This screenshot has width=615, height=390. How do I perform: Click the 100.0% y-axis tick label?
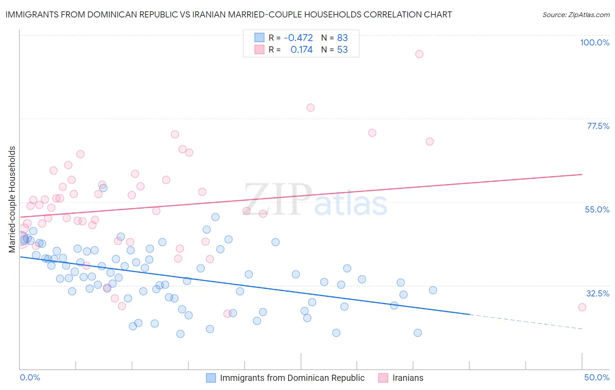click(594, 42)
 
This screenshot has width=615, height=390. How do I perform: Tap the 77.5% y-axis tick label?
click(598, 126)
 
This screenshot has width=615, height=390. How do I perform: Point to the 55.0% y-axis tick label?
click(597, 209)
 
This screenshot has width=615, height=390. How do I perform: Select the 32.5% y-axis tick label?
click(598, 293)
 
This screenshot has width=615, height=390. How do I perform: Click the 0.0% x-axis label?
click(30, 377)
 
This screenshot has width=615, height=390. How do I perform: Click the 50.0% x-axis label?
click(597, 377)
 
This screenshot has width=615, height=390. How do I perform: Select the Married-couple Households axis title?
click(12, 199)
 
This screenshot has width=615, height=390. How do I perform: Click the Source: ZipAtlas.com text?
click(576, 15)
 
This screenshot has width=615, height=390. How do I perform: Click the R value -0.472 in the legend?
click(298, 38)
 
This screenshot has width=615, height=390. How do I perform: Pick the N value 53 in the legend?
click(342, 50)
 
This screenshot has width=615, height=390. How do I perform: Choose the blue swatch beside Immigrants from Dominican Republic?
click(211, 378)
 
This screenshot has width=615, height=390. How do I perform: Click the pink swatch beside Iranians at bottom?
click(383, 378)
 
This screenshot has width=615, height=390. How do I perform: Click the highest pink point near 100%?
click(419, 54)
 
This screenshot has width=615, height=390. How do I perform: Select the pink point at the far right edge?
click(582, 307)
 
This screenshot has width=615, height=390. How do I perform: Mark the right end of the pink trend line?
click(582, 174)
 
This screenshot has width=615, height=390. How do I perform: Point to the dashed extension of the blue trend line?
click(525, 321)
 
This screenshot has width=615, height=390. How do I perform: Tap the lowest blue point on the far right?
click(417, 333)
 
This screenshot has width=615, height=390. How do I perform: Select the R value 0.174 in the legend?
click(301, 50)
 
